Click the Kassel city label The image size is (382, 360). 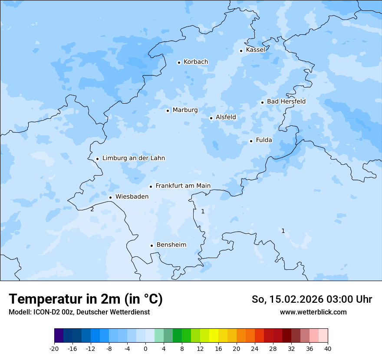coord(255,50)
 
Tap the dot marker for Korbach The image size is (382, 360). coord(179,62)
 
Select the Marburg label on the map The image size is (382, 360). coord(185,110)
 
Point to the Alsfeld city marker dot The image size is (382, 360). coord(211,118)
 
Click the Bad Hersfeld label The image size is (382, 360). coord(286,101)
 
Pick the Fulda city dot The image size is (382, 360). coord(251,141)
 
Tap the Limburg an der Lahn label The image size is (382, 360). coord(133,158)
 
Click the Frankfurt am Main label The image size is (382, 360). coord(183,186)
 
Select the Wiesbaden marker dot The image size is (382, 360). coord(110,197)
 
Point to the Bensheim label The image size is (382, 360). coord(171,245)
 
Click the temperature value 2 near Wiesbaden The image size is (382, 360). coord(92,209)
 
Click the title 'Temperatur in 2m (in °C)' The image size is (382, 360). coord(86,299)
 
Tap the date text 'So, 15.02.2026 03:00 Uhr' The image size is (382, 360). coord(312,299)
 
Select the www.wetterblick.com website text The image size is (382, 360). coord(313,312)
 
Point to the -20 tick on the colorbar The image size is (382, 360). coord(54,348)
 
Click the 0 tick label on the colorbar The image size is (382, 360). coord(145,348)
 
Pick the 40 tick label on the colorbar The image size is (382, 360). coord(327,348)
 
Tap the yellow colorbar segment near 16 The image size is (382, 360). coord(214,336)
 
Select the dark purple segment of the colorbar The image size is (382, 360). coord(59,336)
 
